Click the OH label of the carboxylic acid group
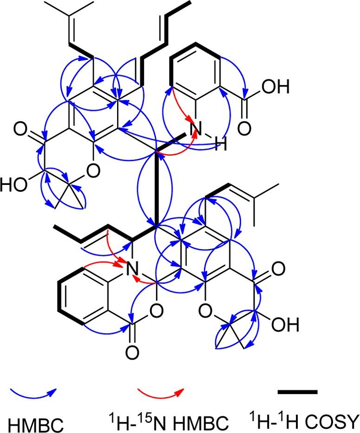280,86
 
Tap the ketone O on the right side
277,268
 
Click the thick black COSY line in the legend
297,392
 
